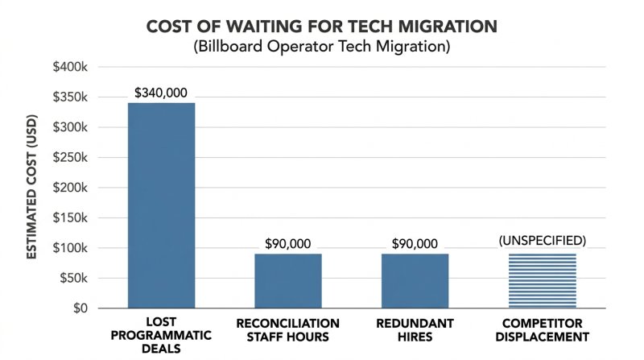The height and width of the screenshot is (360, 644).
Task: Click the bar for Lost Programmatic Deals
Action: coord(161,205)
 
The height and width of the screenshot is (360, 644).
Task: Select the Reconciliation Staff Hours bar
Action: coord(287,281)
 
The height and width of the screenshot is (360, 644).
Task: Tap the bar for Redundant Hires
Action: coord(415,281)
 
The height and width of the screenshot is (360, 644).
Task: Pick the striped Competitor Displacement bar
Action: coord(541,281)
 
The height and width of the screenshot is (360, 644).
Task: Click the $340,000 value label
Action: coord(161,93)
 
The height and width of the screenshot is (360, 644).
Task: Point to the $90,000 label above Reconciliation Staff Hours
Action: coord(287,243)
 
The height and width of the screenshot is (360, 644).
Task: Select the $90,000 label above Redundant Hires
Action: coord(415,243)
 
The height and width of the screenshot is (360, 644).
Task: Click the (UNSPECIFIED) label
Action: coord(541,241)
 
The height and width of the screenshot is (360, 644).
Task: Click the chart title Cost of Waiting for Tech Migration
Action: coord(321,26)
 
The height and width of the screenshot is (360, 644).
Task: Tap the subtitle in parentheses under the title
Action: coord(321,47)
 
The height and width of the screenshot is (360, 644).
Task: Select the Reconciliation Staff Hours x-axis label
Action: coord(287,329)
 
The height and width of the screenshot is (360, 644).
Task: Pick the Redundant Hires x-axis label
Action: coord(415,329)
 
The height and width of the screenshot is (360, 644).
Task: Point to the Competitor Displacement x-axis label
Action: coord(541,329)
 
